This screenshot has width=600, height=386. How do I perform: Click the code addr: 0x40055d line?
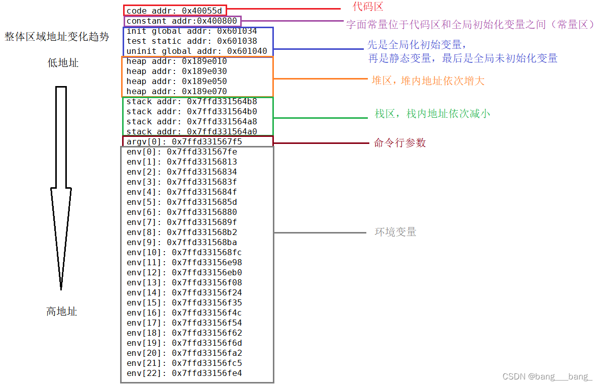click(x=174, y=11)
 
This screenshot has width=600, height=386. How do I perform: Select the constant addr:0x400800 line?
click(x=181, y=21)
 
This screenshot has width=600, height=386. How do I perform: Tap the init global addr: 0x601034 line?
click(x=191, y=31)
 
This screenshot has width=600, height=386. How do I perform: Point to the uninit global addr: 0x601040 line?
click(x=196, y=51)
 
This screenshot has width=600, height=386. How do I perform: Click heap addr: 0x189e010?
click(x=176, y=61)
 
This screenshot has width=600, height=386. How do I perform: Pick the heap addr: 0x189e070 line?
click(x=176, y=91)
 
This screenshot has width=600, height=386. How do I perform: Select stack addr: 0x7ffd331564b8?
click(x=191, y=102)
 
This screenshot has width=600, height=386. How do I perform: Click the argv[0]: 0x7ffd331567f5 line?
click(x=184, y=142)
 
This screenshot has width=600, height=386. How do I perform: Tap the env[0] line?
click(x=181, y=151)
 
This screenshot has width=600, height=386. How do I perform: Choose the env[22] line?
click(x=184, y=373)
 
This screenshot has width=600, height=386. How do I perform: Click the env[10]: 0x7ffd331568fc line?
click(x=184, y=252)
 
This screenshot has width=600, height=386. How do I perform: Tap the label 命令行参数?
click(x=399, y=143)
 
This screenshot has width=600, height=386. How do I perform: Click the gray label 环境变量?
click(x=395, y=232)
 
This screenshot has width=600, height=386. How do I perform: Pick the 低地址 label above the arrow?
click(x=63, y=63)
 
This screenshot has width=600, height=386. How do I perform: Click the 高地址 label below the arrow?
click(x=61, y=312)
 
